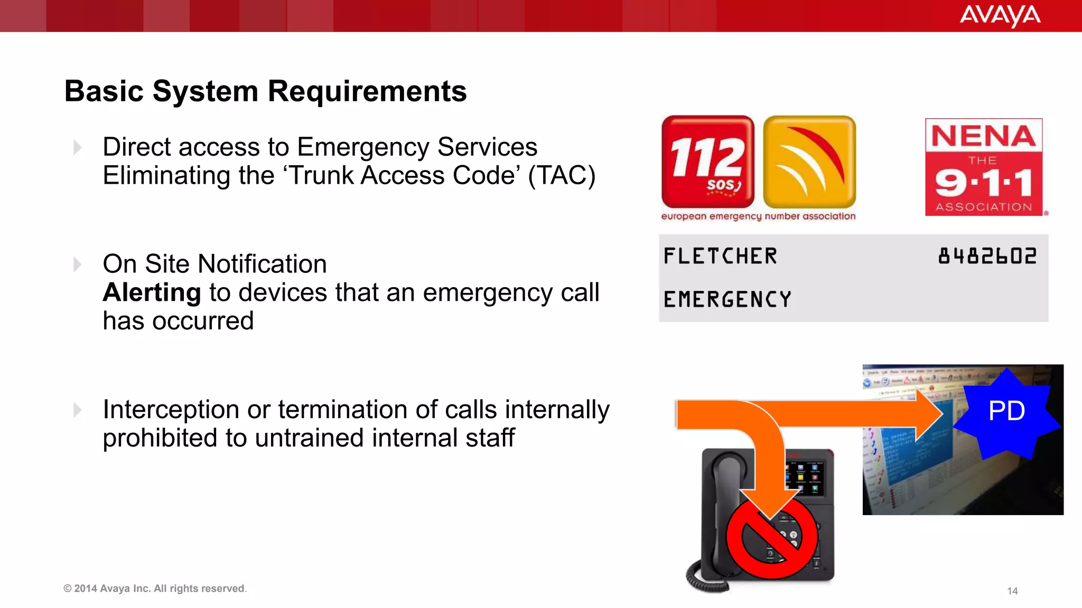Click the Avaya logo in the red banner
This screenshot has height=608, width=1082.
pos(1000,15)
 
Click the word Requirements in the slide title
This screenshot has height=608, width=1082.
pos(367,91)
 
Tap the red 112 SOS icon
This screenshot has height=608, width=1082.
pos(707,162)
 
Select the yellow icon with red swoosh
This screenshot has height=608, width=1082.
pos(809,162)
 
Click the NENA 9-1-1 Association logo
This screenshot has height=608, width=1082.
pos(984,167)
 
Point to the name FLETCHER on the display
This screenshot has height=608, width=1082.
pos(720,256)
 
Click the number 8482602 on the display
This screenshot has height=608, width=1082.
pos(987,256)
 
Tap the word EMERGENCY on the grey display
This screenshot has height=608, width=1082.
pos(727,299)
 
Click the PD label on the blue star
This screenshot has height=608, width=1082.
pos(1006,411)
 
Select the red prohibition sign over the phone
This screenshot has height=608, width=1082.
pos(772,537)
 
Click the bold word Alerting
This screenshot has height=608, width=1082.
pos(152,292)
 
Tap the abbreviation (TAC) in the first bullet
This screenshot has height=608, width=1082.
pos(562,176)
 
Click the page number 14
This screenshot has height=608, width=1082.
pos(1012,591)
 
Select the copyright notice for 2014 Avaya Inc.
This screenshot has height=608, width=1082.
pos(155,588)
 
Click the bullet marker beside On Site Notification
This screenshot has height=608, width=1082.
pos(78,264)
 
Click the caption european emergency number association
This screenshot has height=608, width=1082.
pos(758,216)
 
